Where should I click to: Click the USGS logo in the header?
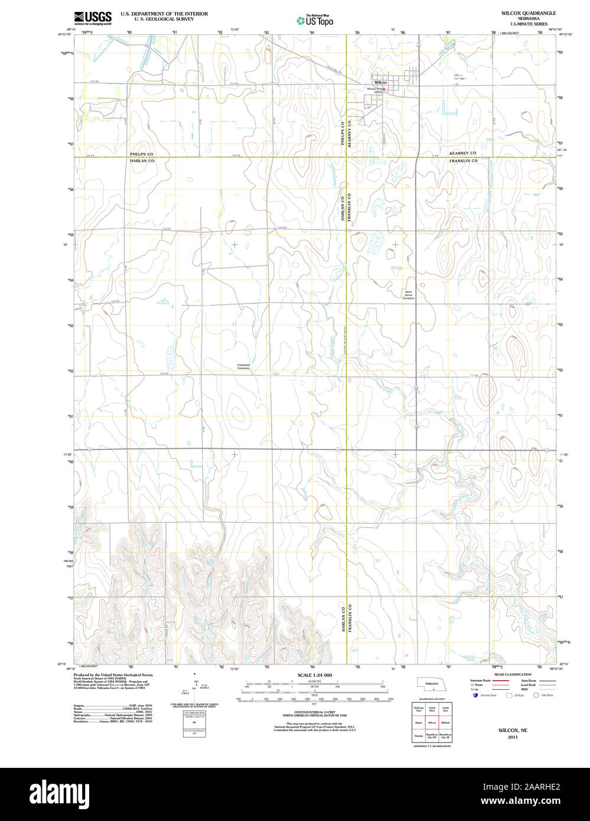[x=93, y=18]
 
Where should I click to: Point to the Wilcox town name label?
[x=380, y=83]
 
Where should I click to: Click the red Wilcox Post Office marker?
[x=384, y=89]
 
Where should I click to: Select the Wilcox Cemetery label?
[x=459, y=77]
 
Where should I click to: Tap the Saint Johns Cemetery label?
[x=409, y=295]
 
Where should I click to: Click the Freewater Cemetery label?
[x=244, y=367]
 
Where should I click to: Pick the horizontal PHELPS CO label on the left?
[x=142, y=154]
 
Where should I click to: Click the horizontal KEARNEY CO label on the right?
[x=462, y=153]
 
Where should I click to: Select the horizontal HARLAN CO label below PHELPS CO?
[x=142, y=161]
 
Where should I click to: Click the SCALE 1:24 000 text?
[x=315, y=675]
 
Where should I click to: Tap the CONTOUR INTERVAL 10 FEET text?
[x=315, y=712]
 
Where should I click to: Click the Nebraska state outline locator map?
[x=432, y=684]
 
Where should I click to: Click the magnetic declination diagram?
[x=195, y=686]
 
